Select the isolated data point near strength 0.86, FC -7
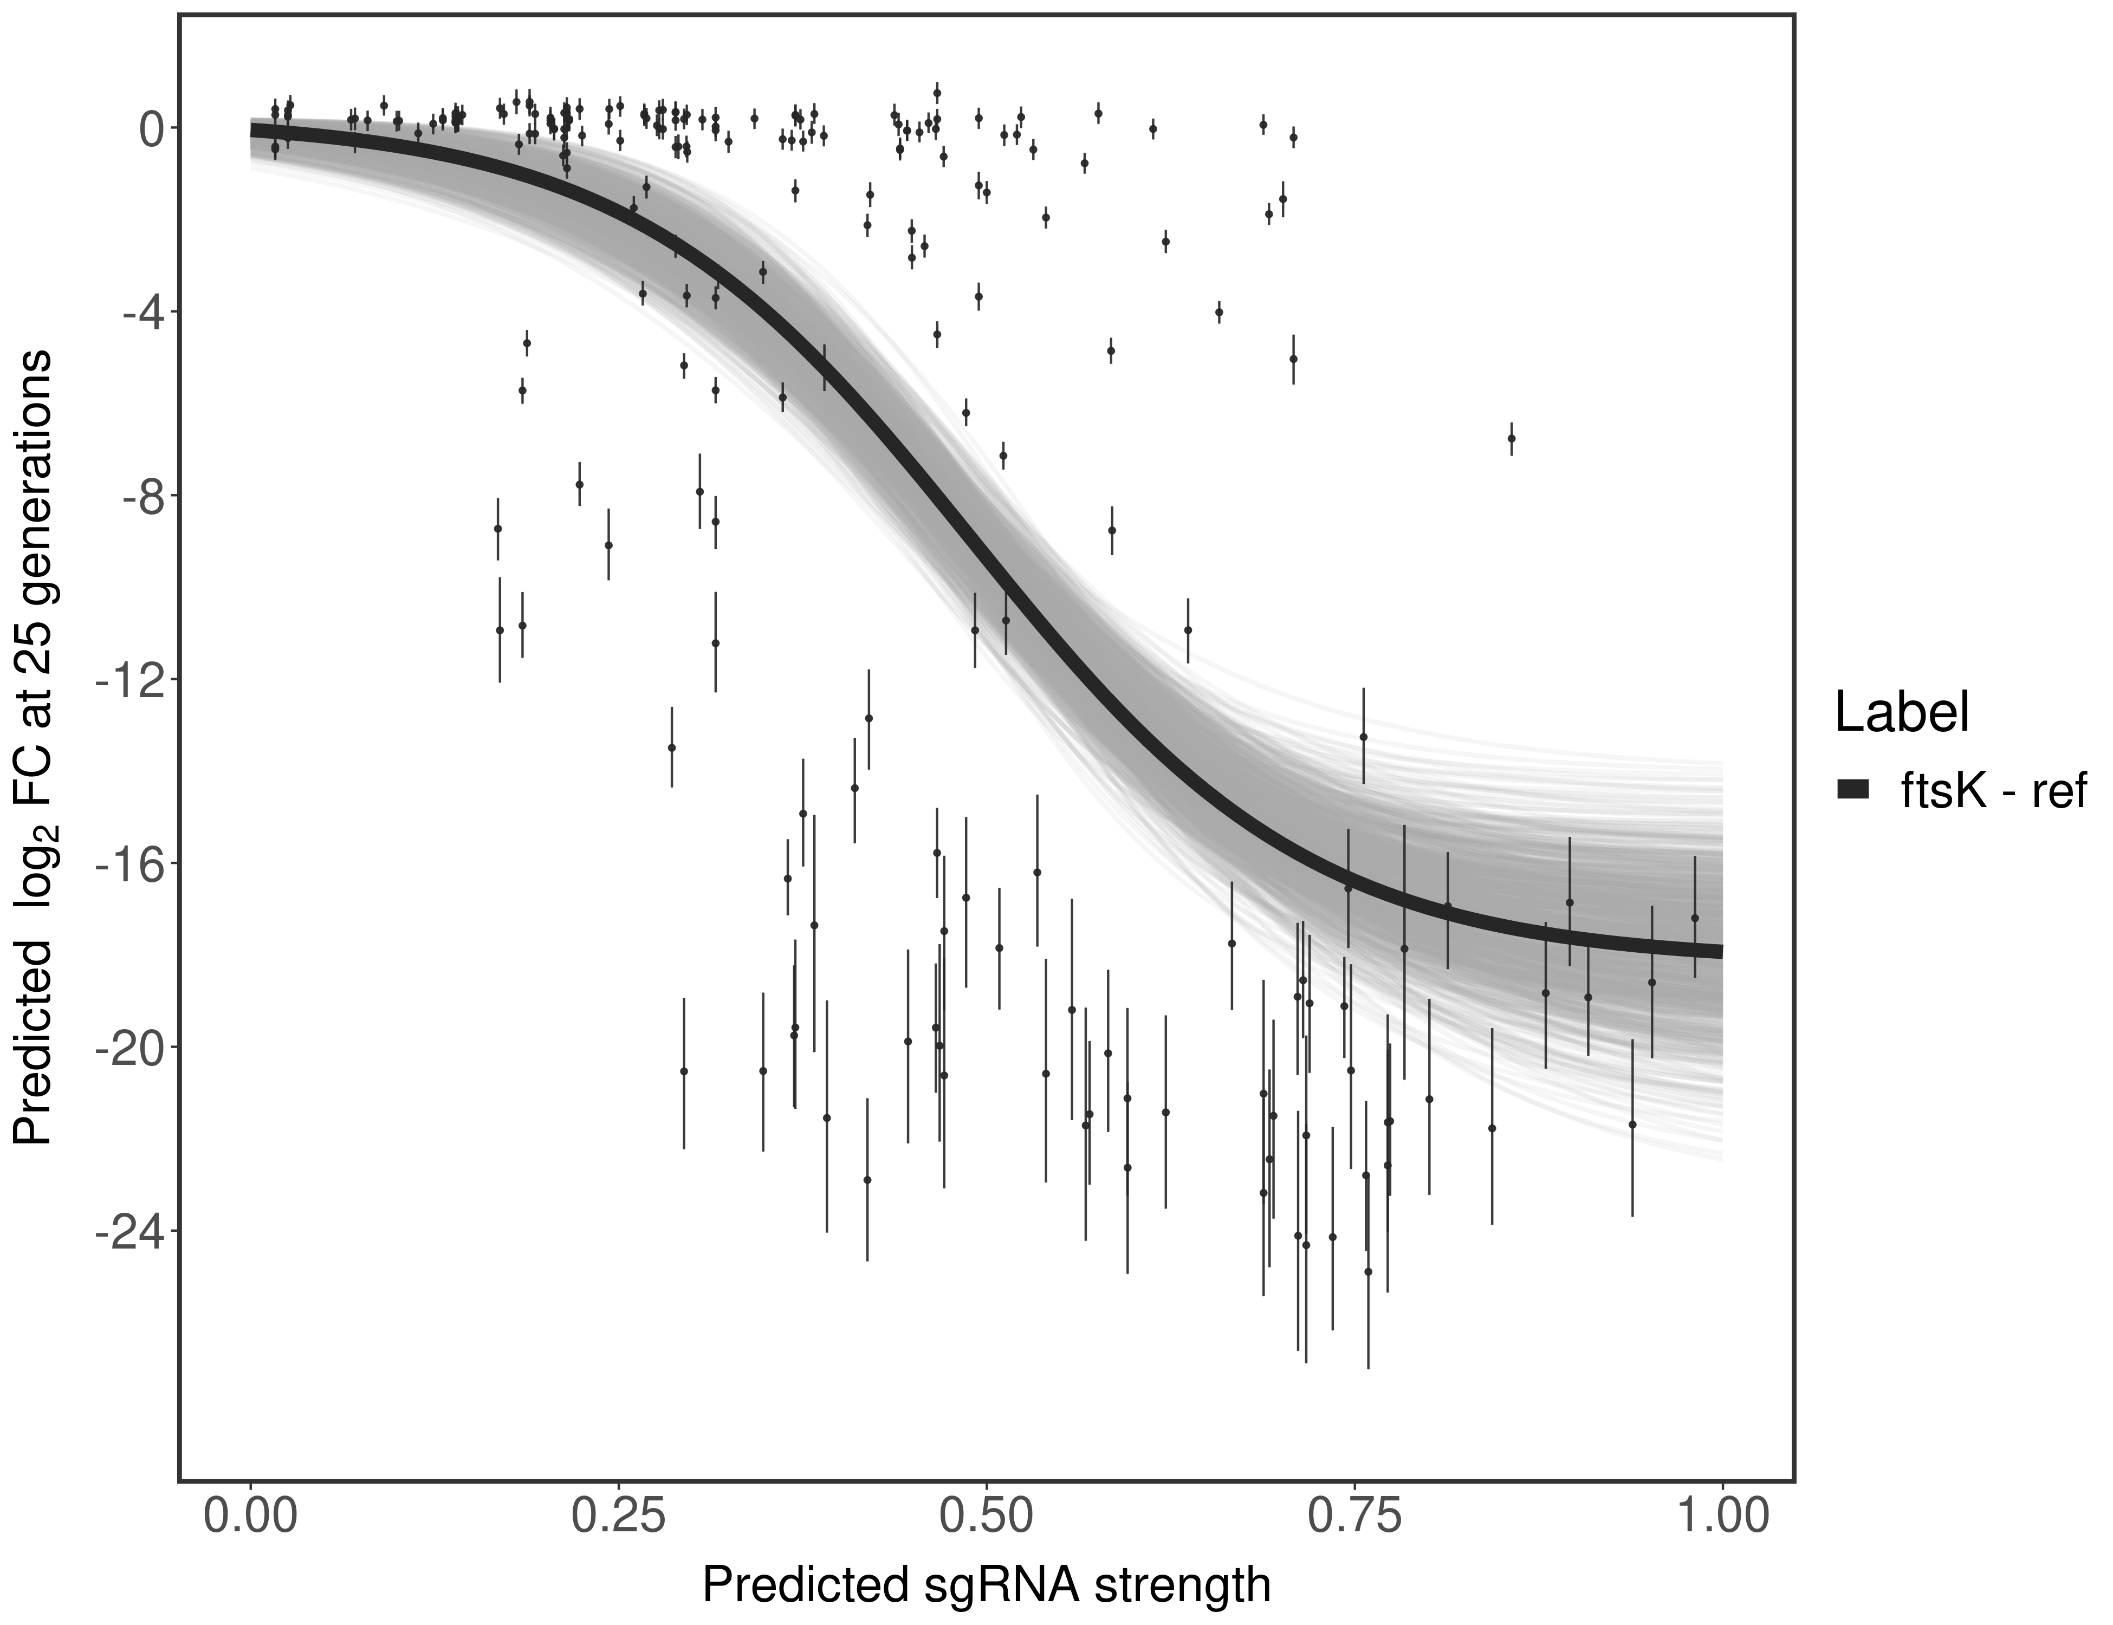[x=1511, y=438]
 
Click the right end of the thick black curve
[x=1718, y=951]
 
